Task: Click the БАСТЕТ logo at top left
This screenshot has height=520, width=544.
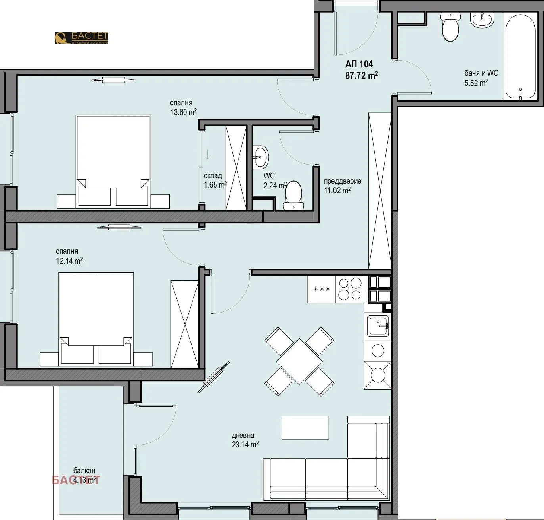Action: (81, 38)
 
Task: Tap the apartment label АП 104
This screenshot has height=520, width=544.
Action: (359, 64)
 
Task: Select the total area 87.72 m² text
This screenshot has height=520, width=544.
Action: (361, 75)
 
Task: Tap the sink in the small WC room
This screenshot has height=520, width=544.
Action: (261, 156)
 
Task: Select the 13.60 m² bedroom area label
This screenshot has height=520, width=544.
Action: (183, 112)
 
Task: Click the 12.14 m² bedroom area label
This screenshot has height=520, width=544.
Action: (69, 261)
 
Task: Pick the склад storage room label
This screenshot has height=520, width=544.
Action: (213, 176)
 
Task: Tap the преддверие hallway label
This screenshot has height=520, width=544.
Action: (343, 181)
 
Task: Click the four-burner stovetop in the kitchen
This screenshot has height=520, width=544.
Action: (350, 289)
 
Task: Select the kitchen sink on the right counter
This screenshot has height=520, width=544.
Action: (378, 326)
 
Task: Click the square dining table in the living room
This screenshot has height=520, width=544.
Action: (299, 361)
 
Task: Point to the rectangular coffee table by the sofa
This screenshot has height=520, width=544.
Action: (305, 428)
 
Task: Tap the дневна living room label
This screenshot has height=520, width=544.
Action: (243, 436)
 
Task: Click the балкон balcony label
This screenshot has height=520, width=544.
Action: (84, 471)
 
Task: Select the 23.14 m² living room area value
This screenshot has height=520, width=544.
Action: (245, 445)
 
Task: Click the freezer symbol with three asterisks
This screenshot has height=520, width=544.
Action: (322, 290)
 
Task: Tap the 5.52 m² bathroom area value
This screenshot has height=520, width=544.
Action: (476, 83)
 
